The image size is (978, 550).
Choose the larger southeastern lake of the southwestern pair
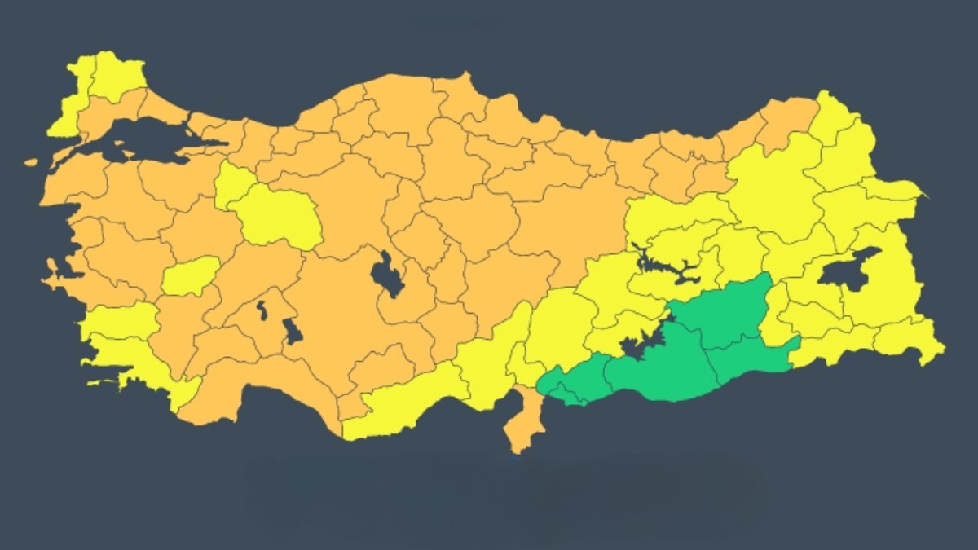coord(292,330)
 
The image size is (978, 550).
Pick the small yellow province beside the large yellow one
coord(233,183)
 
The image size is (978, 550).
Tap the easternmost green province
coord(754,359)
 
